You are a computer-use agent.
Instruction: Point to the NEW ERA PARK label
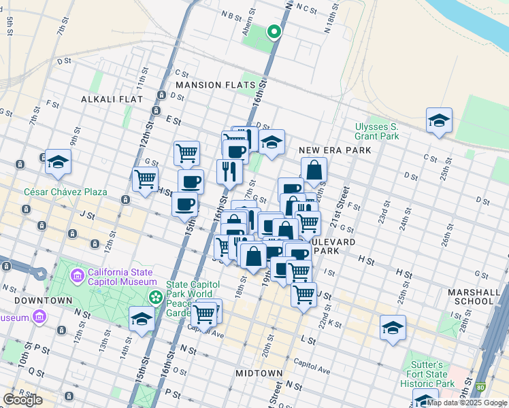[x=335, y=150]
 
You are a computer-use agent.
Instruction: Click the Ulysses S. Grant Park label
[x=376, y=131]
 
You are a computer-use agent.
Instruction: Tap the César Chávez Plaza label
[x=65, y=192]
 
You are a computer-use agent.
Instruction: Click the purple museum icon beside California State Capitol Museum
[x=77, y=277]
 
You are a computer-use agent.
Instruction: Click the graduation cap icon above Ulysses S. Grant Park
[x=439, y=121]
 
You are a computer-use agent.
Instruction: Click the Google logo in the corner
[x=22, y=400]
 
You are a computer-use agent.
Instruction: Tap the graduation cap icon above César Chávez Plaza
[x=58, y=162]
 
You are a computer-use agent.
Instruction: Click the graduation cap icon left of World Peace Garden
[x=142, y=320]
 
